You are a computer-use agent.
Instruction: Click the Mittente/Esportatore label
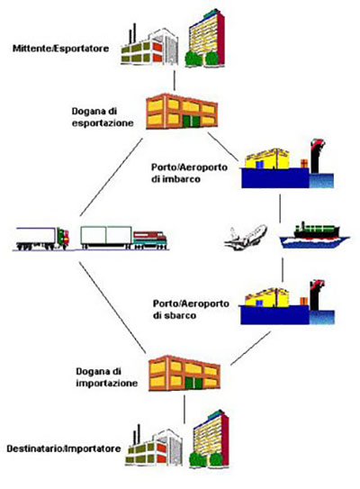click(x=61, y=49)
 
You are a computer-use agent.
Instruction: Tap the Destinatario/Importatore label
click(x=64, y=448)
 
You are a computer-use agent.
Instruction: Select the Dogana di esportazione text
click(x=103, y=117)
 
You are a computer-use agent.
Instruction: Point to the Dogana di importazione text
click(x=106, y=377)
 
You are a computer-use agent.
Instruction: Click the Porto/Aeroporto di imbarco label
click(x=190, y=173)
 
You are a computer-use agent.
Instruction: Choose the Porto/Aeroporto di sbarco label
click(x=191, y=310)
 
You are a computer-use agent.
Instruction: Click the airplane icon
click(x=246, y=238)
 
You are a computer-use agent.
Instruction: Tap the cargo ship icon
click(x=314, y=235)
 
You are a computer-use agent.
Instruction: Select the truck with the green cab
click(x=42, y=239)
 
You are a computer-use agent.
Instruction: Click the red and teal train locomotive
click(x=150, y=240)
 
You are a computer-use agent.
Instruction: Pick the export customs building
click(x=182, y=112)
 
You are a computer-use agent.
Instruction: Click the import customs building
click(x=184, y=374)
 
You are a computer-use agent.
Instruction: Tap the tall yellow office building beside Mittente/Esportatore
click(x=206, y=38)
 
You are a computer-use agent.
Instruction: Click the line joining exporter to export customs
click(x=175, y=80)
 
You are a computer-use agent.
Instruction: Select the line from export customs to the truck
click(x=112, y=177)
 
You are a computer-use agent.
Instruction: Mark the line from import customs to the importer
click(x=184, y=410)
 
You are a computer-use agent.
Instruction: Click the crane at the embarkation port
click(x=317, y=156)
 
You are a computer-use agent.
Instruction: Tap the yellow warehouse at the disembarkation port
click(x=266, y=298)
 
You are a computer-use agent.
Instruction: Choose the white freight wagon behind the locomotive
click(x=106, y=238)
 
